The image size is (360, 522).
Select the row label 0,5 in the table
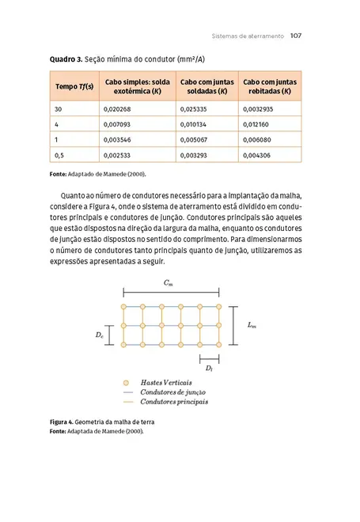point(59,156)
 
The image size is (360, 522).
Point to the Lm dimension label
point(251,324)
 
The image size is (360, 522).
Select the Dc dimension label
point(98,335)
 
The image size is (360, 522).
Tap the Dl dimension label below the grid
point(208,368)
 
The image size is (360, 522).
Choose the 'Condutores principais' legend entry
point(174,402)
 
